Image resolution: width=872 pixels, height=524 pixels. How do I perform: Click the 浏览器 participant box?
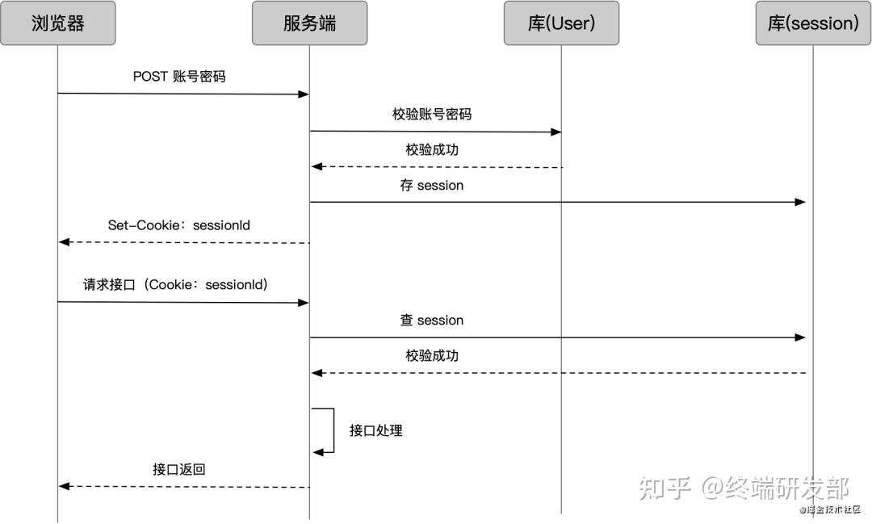[x=57, y=23]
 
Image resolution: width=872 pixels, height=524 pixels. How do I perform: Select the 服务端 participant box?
[x=309, y=23]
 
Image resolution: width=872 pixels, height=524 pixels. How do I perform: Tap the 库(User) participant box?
[x=561, y=23]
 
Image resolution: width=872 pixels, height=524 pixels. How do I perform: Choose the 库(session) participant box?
[x=813, y=23]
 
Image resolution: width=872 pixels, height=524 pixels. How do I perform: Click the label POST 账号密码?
[x=179, y=77]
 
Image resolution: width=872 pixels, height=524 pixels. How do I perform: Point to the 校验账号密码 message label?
[x=432, y=115]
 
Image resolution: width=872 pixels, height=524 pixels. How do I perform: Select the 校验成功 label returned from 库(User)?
[x=432, y=150]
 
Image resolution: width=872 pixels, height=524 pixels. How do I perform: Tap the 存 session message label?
[x=432, y=186]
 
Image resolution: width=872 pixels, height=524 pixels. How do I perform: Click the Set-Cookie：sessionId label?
[x=179, y=225]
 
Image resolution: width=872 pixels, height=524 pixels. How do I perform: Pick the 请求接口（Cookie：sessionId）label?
[x=175, y=285]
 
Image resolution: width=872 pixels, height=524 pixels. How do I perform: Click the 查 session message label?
[x=432, y=321]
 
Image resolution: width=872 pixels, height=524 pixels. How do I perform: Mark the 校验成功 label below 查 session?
[x=432, y=356]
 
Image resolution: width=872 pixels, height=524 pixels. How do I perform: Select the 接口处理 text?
[x=375, y=430]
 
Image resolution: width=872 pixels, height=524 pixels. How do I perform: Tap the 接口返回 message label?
[x=179, y=469]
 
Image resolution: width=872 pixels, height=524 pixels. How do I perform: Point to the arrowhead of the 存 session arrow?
[x=800, y=202]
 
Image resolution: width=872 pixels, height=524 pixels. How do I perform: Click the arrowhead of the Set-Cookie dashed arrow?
[x=65, y=242]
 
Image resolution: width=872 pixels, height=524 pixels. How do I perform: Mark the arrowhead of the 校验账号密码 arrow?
[x=555, y=132]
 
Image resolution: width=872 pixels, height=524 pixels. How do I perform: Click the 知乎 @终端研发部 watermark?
[x=744, y=488]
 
